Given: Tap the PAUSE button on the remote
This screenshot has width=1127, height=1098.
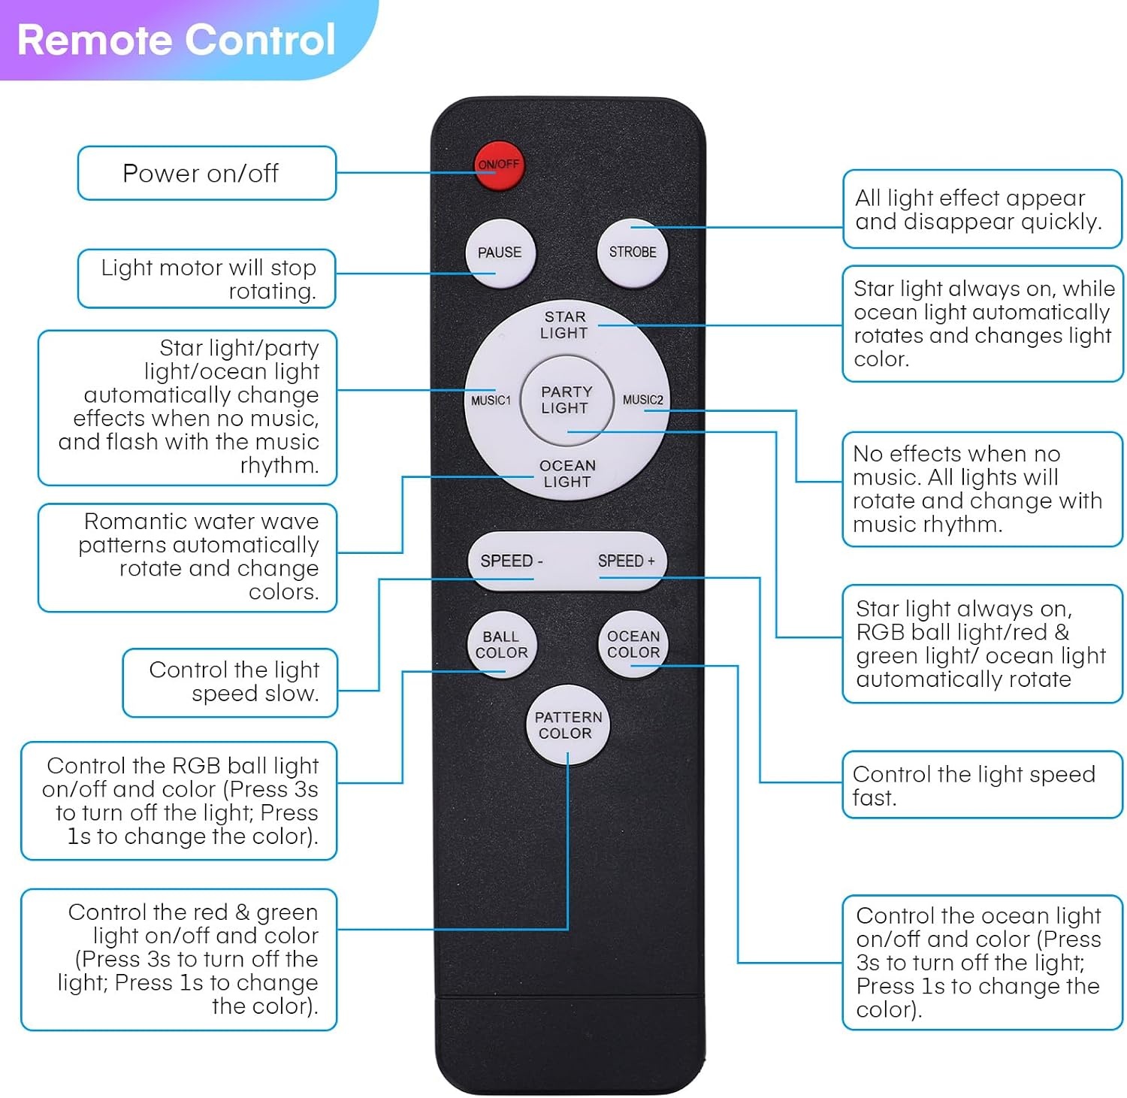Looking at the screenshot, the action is pos(500,253).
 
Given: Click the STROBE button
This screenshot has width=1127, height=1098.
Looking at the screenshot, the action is pos(633,253).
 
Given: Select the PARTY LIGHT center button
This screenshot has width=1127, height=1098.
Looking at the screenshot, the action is pos(566,400).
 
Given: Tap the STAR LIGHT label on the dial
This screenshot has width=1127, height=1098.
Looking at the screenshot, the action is pos(564,325).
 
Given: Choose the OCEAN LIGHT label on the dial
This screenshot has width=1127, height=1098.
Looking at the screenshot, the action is pos(567,473).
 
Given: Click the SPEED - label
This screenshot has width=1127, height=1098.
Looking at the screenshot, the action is pos(511,561).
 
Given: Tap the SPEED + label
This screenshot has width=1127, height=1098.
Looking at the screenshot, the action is pos(627,561).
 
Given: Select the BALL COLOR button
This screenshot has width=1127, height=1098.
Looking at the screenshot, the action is pos(502,644).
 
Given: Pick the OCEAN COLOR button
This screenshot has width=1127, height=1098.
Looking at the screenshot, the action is pos(633,644).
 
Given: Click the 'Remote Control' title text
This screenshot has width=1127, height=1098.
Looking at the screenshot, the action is pos(176,40).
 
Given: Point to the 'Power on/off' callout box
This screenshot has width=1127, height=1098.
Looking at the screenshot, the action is pos(207,173).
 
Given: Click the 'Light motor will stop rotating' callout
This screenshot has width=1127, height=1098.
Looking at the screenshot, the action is pos(207,279).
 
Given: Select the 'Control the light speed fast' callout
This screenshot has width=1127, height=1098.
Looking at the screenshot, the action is pos(982,785).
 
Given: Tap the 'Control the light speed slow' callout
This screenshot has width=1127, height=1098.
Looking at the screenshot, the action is pos(230,682).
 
